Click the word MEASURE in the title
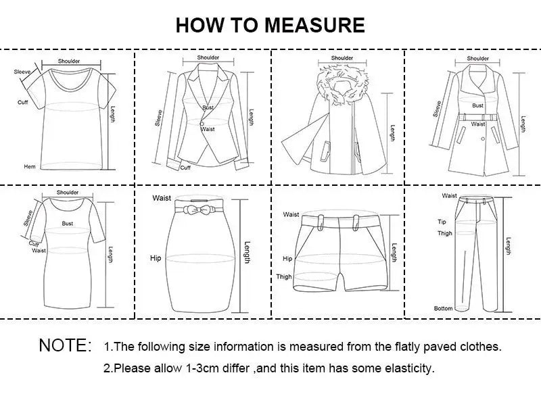click(314, 25)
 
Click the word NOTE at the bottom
click(64, 346)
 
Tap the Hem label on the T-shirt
click(30, 166)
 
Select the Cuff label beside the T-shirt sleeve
click(22, 102)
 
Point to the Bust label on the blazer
click(208, 108)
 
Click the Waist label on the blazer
click(208, 128)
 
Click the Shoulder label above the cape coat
click(342, 59)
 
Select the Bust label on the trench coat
click(478, 105)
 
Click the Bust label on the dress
click(68, 223)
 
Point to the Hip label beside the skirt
click(156, 258)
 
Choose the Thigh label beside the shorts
click(284, 276)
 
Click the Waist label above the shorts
click(291, 214)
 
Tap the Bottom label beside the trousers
click(443, 309)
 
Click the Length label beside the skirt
click(248, 253)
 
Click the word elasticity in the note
click(408, 369)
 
